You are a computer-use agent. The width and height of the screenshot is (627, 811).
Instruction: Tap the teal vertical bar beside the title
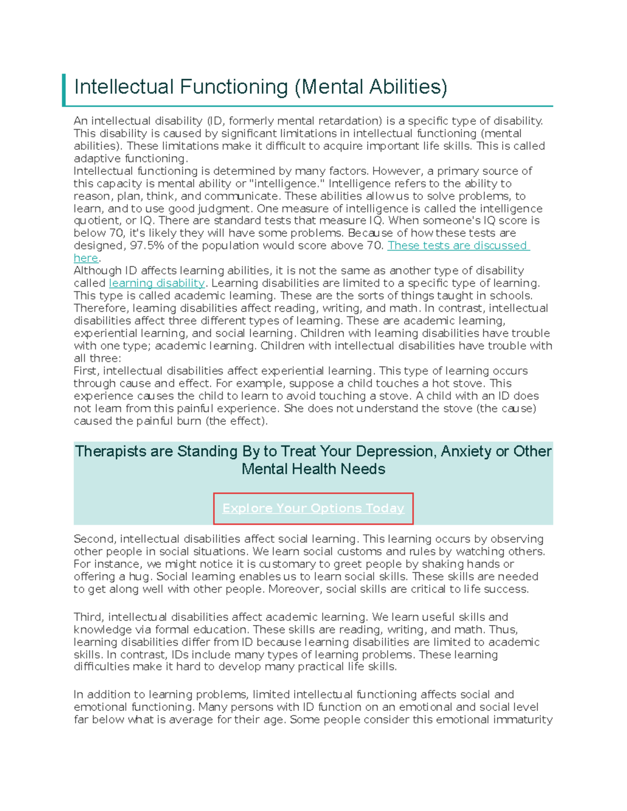[x=64, y=90]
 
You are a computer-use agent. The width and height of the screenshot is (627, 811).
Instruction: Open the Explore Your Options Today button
[x=313, y=508]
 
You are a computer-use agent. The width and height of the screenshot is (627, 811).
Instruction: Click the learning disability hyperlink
[x=157, y=283]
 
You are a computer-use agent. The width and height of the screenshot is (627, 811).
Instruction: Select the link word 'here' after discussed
[x=86, y=258]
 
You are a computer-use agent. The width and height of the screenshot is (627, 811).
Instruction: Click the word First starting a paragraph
[x=85, y=371]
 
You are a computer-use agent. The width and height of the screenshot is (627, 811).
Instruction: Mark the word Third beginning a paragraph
[x=88, y=617]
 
